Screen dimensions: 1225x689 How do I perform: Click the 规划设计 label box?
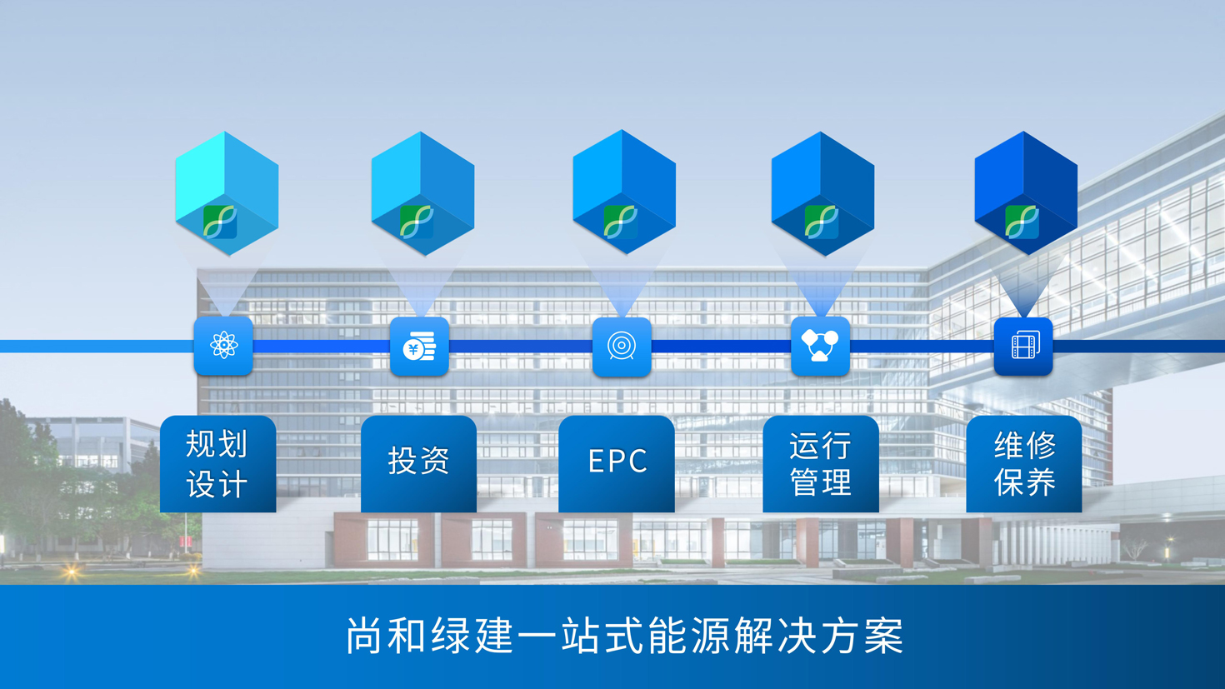(217, 464)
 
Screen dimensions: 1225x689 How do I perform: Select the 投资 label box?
(418, 464)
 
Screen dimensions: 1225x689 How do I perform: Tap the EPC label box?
(617, 464)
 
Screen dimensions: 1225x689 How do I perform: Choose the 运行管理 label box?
(821, 464)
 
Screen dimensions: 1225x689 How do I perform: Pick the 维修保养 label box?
(1023, 464)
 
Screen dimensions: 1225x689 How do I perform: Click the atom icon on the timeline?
(223, 346)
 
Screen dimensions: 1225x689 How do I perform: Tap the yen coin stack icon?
(419, 346)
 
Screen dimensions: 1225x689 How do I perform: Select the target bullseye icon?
(622, 347)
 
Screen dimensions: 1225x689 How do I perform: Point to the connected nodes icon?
(820, 346)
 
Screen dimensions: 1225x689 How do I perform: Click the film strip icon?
(1023, 346)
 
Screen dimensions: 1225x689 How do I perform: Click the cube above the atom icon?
(227, 193)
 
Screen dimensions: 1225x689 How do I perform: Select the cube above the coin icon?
(422, 193)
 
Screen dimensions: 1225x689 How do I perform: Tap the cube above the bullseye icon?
(624, 192)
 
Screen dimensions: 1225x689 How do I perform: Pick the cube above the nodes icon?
(822, 193)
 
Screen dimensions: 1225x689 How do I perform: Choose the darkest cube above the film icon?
(1026, 193)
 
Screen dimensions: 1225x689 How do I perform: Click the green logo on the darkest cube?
(1022, 222)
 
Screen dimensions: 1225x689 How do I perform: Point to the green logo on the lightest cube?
(220, 222)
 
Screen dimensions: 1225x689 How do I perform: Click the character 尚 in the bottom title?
(363, 635)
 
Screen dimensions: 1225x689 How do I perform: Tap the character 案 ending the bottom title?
(883, 635)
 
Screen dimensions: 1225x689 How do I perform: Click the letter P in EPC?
(617, 461)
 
